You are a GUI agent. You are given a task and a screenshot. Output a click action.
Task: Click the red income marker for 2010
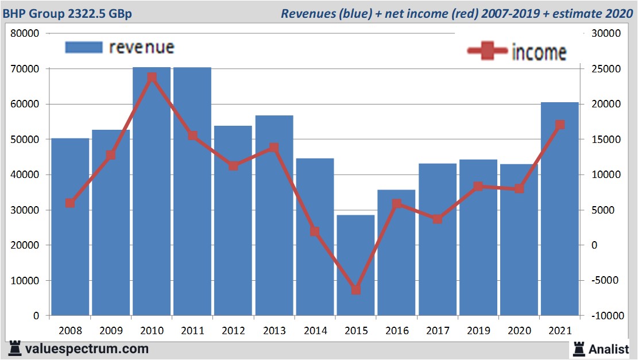[x=152, y=78]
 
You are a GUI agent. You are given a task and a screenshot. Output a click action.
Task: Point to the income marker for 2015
[x=356, y=290]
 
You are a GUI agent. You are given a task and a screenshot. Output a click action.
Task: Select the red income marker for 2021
[x=560, y=125]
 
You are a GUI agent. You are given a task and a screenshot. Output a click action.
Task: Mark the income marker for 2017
[x=438, y=219]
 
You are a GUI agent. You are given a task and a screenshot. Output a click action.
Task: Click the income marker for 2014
[x=315, y=231]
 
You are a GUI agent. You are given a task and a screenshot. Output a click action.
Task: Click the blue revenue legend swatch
[x=84, y=47]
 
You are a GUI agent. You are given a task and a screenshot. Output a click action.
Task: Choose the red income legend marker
[x=488, y=51]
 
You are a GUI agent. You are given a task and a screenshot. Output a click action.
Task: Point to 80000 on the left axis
[x=25, y=33]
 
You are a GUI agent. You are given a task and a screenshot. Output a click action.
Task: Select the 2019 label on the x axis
[x=478, y=331]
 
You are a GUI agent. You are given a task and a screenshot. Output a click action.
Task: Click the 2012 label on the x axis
[x=233, y=331]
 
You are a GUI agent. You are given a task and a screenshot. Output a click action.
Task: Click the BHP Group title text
[x=68, y=13]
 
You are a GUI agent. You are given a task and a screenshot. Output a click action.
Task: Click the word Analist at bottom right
[x=609, y=349]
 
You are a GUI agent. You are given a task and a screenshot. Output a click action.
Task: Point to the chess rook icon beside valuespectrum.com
[x=15, y=349]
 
